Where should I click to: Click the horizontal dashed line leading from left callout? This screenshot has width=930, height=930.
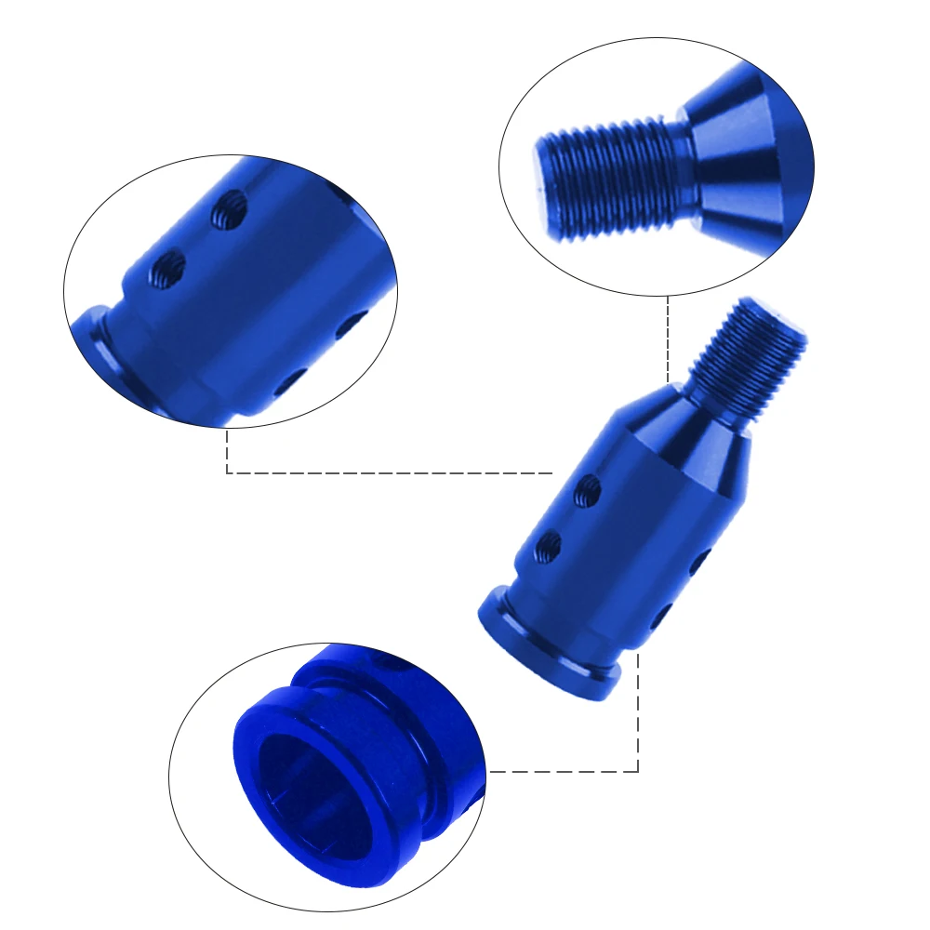(x=391, y=473)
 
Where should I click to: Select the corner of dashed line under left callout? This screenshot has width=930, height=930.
(x=227, y=473)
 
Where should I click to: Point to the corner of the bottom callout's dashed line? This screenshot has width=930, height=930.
(x=638, y=771)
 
